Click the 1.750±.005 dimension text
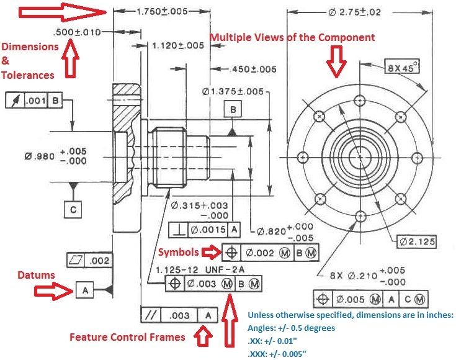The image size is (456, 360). [x=163, y=11]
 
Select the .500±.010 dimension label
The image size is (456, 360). [x=77, y=32]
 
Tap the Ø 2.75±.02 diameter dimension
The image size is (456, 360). [x=354, y=12]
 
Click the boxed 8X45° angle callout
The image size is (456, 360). [x=402, y=66]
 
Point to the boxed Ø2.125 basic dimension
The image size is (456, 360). [x=417, y=241]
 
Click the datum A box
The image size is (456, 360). [x=85, y=290]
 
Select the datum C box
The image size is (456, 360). [x=73, y=209]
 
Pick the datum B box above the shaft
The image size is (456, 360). [x=233, y=109]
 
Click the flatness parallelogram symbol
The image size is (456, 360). [x=76, y=260]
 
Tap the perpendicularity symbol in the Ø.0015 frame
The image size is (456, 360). [x=179, y=230]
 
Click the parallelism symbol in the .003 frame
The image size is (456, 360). [x=151, y=315]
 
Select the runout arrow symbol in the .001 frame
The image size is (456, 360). [x=15, y=101]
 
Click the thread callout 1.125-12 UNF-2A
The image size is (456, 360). [x=200, y=270]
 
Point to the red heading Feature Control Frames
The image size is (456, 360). [x=127, y=337]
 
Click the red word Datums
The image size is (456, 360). [x=36, y=275]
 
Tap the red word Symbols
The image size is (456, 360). [x=179, y=252]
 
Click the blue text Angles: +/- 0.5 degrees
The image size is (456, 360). [x=291, y=328]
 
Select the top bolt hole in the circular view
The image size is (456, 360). [x=360, y=101]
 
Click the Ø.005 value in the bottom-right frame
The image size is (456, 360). [x=350, y=299]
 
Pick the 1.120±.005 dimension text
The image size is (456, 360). [x=178, y=46]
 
